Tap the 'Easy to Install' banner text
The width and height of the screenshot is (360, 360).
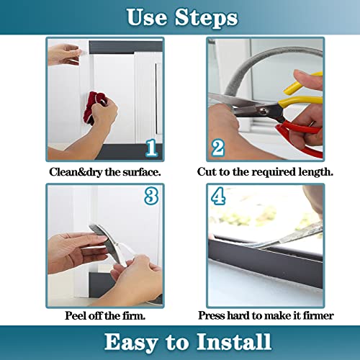click(x=179, y=341)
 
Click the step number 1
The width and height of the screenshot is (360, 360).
click(x=151, y=148)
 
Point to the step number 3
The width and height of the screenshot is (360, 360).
click(x=150, y=196)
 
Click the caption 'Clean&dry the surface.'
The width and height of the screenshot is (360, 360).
click(x=105, y=172)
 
